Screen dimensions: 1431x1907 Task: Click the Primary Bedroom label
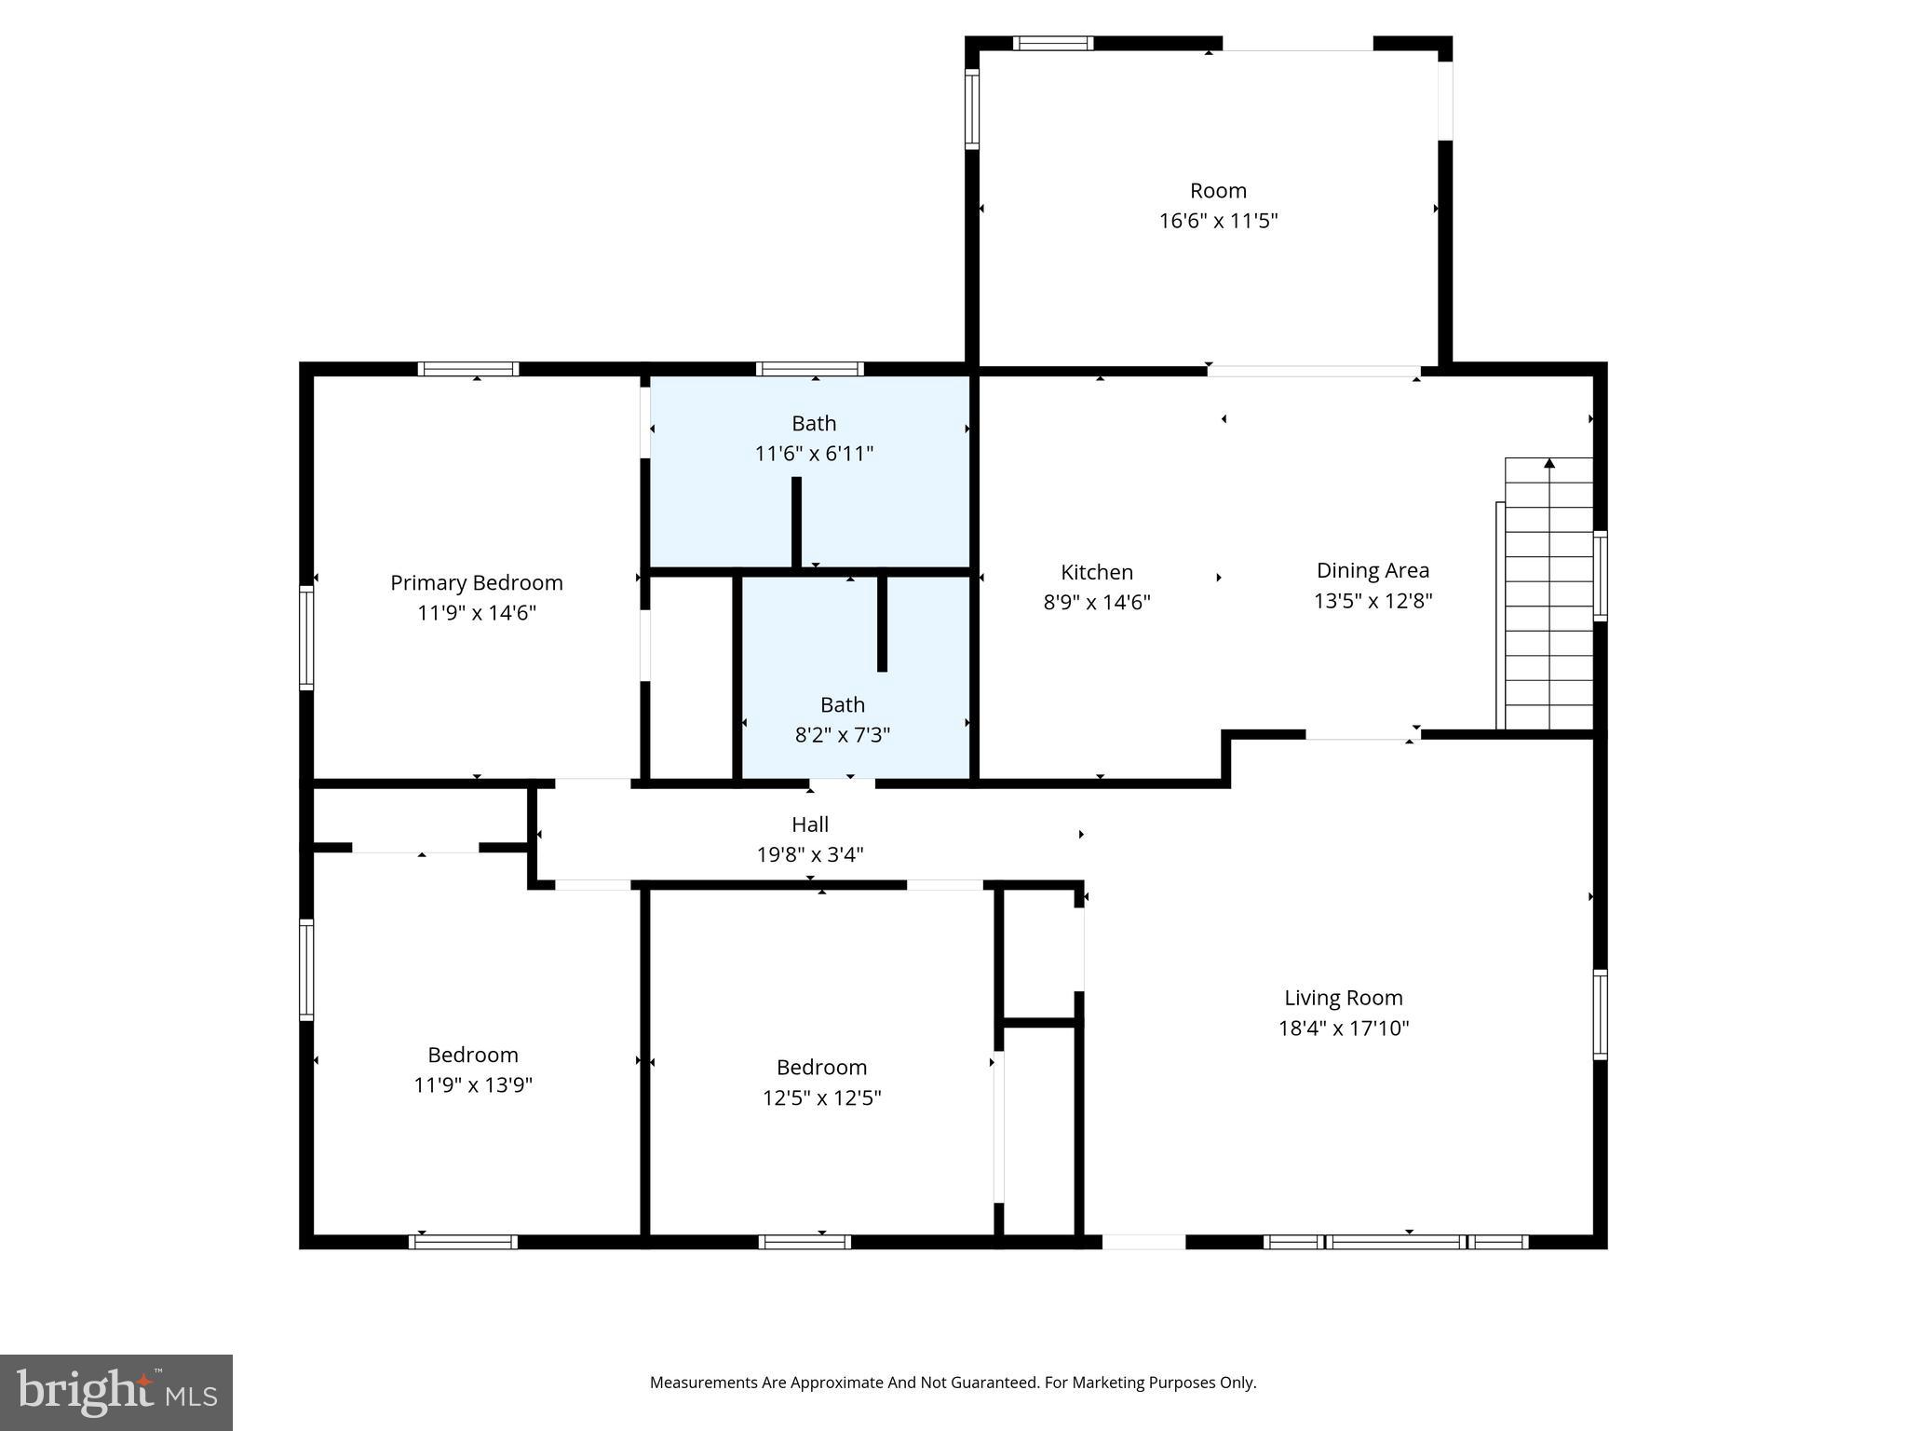[476, 583]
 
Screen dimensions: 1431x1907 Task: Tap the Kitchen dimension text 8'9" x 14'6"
[1096, 603]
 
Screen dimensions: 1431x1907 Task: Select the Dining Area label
[1373, 570]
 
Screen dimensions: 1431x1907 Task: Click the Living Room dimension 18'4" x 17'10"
[1343, 1029]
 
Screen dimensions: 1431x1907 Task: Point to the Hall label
[809, 825]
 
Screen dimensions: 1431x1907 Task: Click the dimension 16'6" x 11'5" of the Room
[1218, 222]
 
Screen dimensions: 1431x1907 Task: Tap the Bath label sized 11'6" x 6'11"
[813, 424]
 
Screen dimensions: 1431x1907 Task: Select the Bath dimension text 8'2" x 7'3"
[842, 735]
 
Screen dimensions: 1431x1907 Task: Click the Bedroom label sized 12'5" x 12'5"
[821, 1068]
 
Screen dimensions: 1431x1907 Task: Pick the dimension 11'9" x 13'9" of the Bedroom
[472, 1085]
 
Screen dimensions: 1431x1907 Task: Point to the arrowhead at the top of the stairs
[1549, 463]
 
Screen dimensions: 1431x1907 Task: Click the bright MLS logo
[116, 1392]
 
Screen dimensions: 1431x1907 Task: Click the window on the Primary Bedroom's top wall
[468, 369]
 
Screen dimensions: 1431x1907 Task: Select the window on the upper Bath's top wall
[809, 369]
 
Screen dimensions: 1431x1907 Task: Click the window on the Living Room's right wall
[1600, 1015]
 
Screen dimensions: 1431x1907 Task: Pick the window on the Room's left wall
[971, 109]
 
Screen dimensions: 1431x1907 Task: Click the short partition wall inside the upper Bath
[796, 522]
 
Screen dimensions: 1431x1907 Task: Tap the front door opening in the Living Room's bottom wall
[1143, 1242]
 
